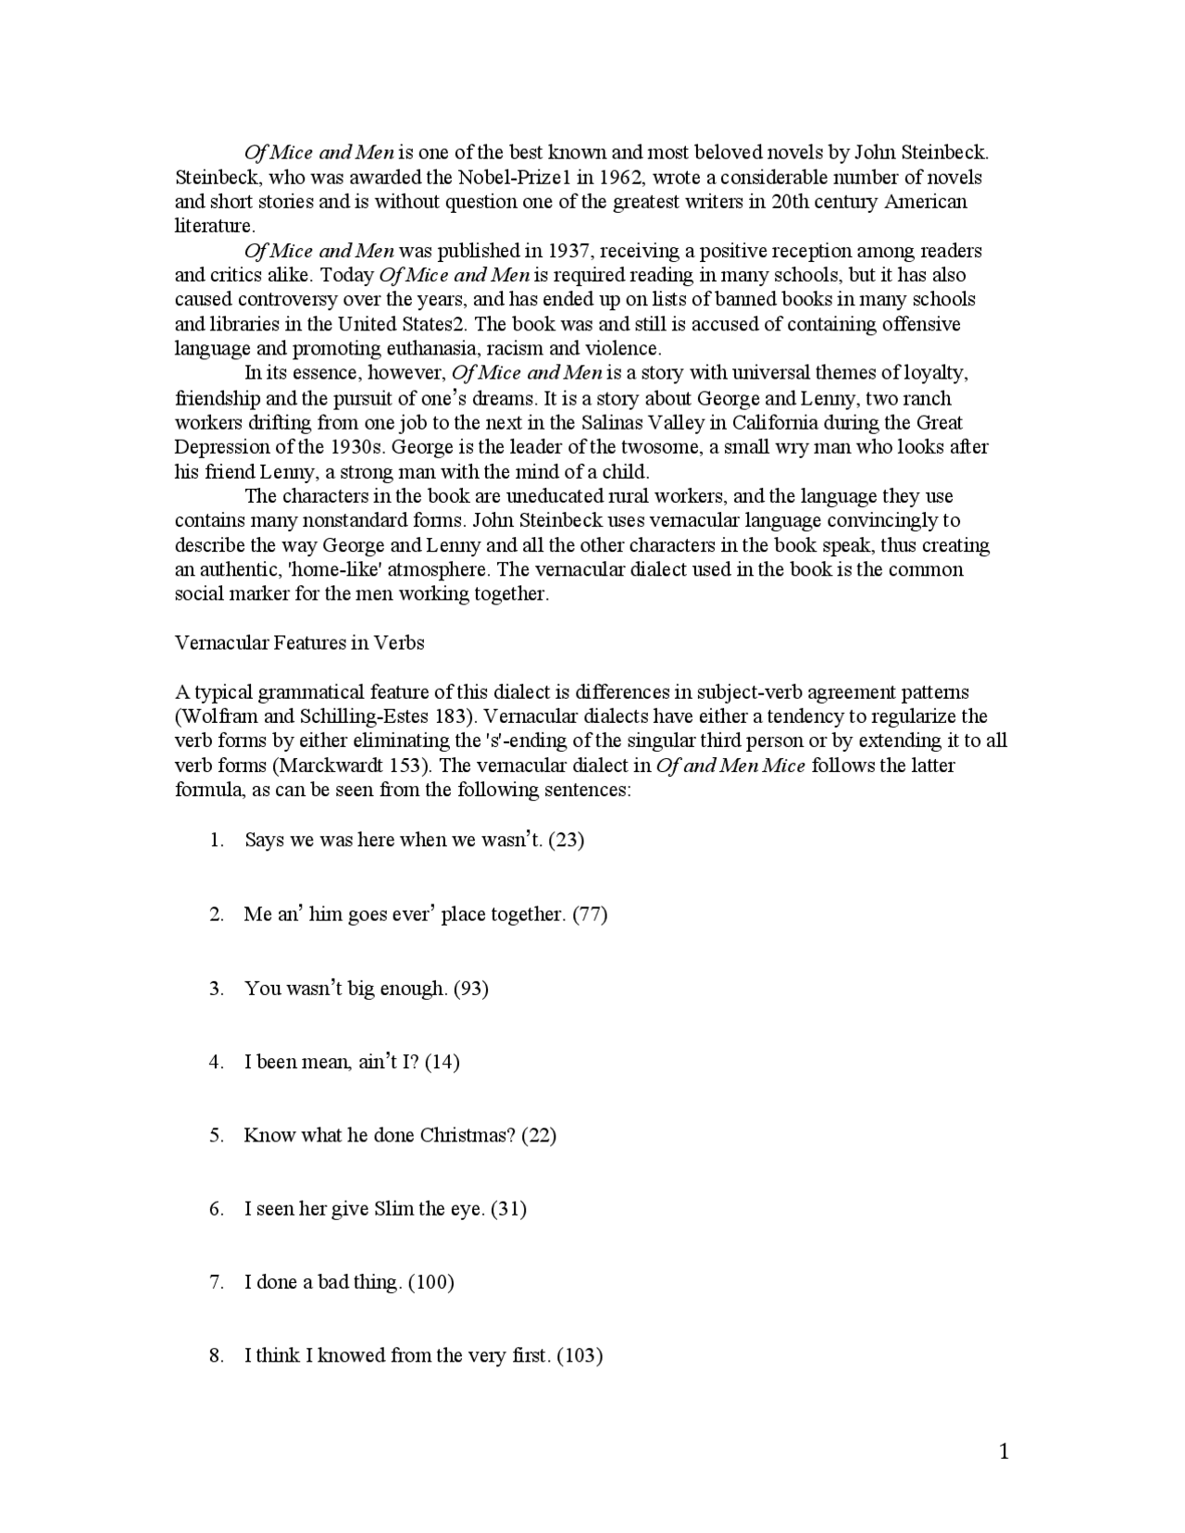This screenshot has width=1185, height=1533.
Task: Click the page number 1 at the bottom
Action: coord(1004,1452)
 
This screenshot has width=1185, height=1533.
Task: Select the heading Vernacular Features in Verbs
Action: coord(299,642)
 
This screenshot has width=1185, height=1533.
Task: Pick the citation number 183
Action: coord(448,716)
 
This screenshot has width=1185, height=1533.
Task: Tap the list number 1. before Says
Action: coord(217,840)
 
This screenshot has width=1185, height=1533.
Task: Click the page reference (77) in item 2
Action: coord(590,914)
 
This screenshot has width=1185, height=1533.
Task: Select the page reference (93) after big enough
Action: coord(471,988)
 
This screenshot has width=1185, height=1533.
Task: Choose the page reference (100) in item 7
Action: coord(430,1282)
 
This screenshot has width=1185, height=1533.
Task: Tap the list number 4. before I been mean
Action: coord(217,1062)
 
